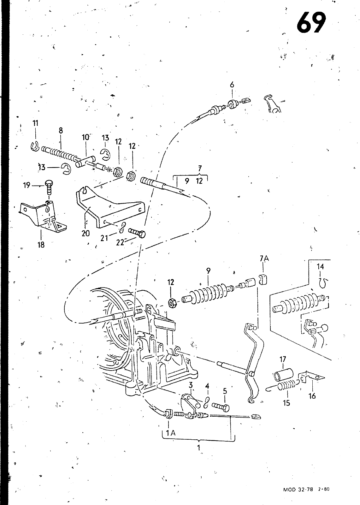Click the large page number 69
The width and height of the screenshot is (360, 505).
click(x=311, y=22)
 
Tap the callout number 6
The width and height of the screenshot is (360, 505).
click(x=232, y=85)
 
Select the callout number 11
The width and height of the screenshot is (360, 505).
click(x=35, y=123)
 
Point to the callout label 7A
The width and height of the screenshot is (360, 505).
click(x=264, y=258)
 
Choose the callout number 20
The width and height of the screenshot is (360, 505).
click(x=86, y=233)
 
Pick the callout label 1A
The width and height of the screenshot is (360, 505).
click(x=171, y=433)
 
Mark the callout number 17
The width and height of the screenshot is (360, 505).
click(x=283, y=359)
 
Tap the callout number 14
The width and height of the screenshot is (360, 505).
click(x=320, y=267)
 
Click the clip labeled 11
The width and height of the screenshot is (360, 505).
click(x=35, y=146)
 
